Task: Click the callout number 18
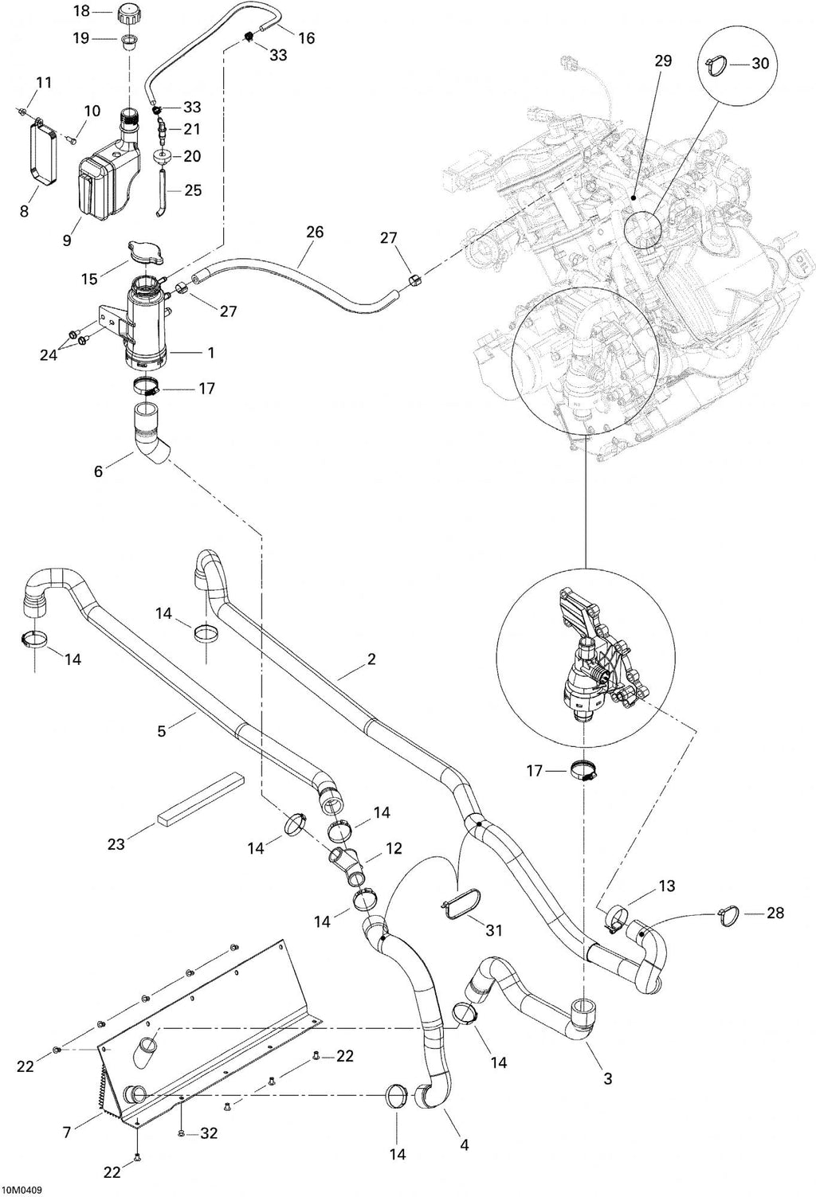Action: point(83,11)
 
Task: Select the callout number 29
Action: point(662,61)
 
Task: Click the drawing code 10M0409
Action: point(22,1191)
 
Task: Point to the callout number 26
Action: point(315,232)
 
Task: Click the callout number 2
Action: point(371,659)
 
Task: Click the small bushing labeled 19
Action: point(128,41)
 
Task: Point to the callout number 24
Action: point(48,355)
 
